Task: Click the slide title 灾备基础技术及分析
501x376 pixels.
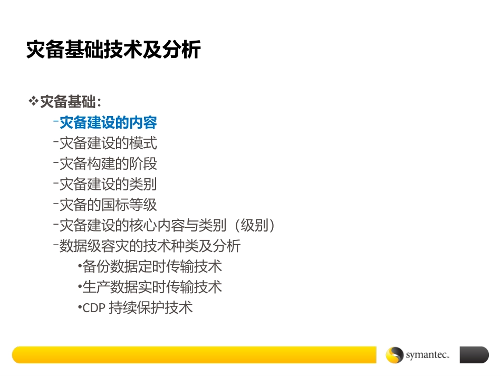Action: [113, 50]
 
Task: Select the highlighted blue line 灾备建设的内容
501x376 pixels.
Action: [108, 123]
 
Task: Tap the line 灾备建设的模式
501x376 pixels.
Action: [108, 143]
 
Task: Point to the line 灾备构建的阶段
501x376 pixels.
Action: [108, 164]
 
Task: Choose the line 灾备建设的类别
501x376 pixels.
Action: [108, 185]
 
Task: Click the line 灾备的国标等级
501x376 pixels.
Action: [108, 205]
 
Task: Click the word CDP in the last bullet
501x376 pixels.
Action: [94, 308]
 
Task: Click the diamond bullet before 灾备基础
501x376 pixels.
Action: [33, 100]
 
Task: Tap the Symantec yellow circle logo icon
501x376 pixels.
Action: [394, 355]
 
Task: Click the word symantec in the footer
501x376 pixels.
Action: [427, 355]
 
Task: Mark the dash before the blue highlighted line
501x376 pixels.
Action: [55, 122]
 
